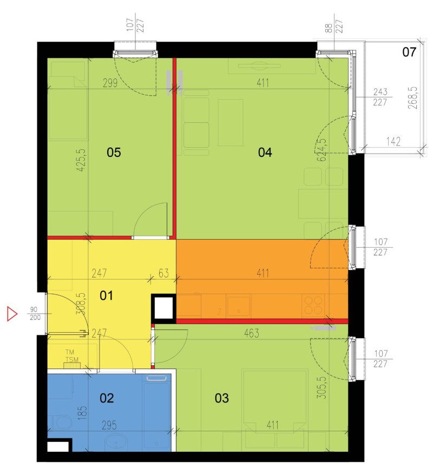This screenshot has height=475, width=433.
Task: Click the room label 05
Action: tap(114, 153)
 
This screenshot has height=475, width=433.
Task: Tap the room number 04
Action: tap(265, 153)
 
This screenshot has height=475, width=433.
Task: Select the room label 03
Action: tap(221, 398)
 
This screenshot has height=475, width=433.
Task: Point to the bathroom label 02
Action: tap(107, 398)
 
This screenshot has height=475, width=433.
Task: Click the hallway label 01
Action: tap(106, 296)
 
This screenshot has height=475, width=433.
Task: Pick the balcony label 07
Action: tap(409, 52)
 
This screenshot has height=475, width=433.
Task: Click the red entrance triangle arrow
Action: tap(12, 314)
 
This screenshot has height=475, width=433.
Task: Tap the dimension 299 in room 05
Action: tap(110, 83)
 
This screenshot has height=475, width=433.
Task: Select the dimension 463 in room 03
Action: tap(252, 334)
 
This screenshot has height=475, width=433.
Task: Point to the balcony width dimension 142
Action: tap(393, 141)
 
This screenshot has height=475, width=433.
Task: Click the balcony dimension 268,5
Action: tap(413, 98)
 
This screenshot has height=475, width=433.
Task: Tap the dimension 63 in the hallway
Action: tap(163, 273)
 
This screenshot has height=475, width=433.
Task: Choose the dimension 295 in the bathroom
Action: tap(109, 425)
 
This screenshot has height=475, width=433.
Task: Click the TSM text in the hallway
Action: tap(72, 360)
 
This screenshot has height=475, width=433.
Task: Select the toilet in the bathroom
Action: tap(62, 423)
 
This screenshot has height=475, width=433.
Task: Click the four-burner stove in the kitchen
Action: tap(313, 305)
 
